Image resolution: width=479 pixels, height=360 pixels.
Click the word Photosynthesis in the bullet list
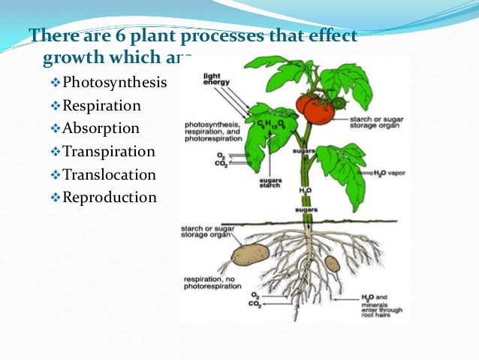click(x=115, y=82)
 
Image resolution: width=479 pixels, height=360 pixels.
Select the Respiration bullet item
click(x=101, y=105)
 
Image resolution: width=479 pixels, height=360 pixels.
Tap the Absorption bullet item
click(x=101, y=129)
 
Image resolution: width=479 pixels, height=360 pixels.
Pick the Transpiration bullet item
click(x=109, y=152)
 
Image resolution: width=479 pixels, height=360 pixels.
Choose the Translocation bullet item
click(x=109, y=175)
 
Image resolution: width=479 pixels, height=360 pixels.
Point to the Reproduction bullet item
click(x=110, y=198)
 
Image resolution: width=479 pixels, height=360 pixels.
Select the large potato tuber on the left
click(x=250, y=255)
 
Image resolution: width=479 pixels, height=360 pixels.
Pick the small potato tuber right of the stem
click(x=332, y=263)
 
